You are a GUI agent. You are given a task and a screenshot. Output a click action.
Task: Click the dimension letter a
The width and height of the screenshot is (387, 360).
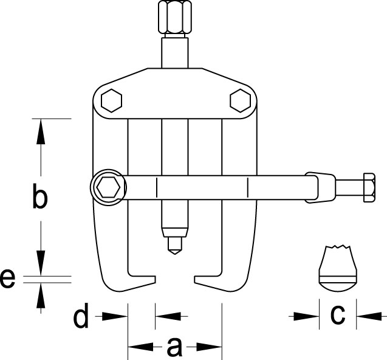pos(174,347)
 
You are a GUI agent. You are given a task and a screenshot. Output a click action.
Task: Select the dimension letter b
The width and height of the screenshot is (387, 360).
pos(39,196)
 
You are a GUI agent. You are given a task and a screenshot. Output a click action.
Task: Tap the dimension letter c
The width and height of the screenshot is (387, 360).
pos(338,315)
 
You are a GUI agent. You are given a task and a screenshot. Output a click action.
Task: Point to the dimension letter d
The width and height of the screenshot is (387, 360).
pos(81,316)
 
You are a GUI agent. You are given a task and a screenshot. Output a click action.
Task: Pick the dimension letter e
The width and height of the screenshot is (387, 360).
pos(7,279)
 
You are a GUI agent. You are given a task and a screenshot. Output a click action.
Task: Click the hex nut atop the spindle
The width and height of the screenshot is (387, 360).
pos(175,17)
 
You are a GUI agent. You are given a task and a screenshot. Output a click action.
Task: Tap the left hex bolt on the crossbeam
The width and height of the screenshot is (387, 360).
pos(112,100)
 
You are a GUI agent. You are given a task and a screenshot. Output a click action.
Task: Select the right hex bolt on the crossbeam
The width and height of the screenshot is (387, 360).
pos(241,100)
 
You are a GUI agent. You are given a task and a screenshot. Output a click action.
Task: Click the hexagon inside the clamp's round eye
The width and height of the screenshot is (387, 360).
pos(108,187)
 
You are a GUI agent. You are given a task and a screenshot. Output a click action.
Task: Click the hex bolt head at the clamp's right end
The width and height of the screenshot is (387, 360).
pos(369,187)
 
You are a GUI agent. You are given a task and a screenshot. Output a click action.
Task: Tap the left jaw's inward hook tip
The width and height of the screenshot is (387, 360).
pos(155,279)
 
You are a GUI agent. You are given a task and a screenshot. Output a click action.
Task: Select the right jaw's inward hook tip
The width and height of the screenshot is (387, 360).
pos(195,279)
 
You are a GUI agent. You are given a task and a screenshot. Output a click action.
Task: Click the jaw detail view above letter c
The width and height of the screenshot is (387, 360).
pos(338,268)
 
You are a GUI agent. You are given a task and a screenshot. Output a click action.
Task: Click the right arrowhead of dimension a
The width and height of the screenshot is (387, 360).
pos(209,347)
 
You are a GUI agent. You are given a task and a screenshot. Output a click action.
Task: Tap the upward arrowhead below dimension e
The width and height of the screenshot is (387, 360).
pos(41,296)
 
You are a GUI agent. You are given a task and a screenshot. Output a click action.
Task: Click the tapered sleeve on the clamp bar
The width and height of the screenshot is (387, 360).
pos(320,187)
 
